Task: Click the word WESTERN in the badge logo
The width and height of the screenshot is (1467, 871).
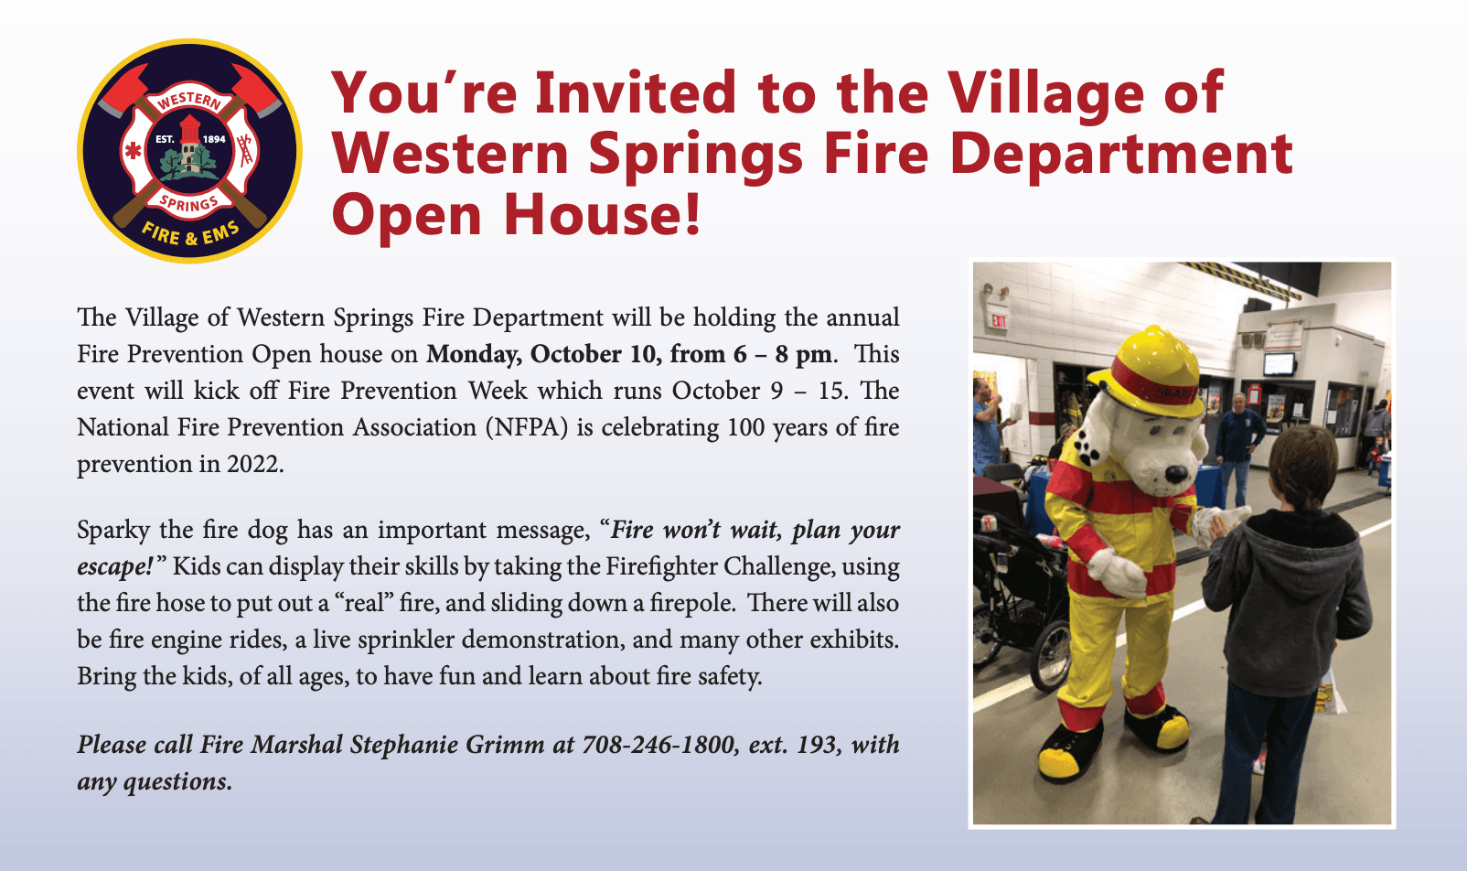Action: (x=189, y=101)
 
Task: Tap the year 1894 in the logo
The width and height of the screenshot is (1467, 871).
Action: (x=214, y=139)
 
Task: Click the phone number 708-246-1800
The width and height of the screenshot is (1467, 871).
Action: (x=658, y=745)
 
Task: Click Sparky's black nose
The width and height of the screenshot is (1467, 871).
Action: (x=1176, y=473)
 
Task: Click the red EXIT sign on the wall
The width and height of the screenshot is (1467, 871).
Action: (x=999, y=320)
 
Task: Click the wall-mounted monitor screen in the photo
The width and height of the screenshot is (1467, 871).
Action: (x=1279, y=363)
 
